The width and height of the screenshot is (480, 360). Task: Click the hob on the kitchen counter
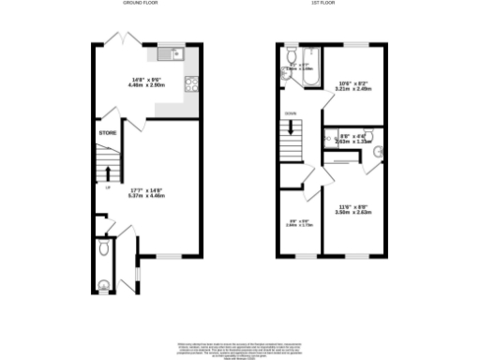click(x=189, y=82)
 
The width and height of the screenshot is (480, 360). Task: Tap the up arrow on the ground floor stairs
click(x=108, y=174)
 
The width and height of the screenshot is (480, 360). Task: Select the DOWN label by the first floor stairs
click(x=291, y=113)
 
